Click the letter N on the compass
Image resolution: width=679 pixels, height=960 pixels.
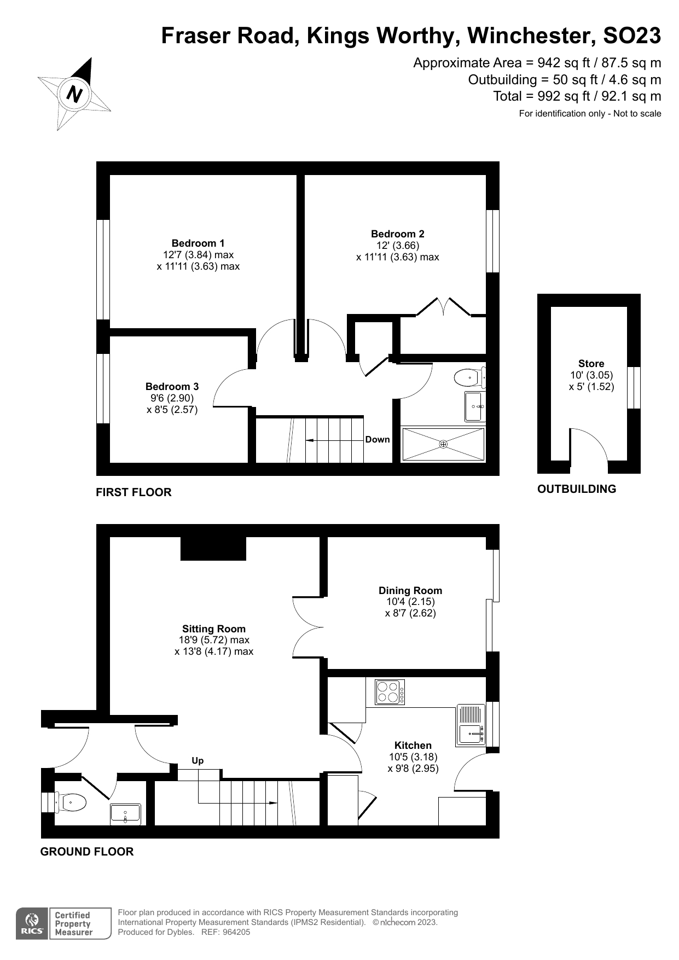point(74,95)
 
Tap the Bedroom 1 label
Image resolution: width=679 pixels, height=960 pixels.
point(198,243)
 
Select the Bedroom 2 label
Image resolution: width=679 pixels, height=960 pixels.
point(397,234)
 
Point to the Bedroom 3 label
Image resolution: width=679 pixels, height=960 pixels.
point(172,387)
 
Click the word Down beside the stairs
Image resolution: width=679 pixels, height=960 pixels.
point(378,439)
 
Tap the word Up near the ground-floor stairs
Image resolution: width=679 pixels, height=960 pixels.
point(198,760)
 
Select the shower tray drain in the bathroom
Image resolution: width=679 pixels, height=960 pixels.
point(443,444)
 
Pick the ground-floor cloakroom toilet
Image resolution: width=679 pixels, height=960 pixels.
point(71,803)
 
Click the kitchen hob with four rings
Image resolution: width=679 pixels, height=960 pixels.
point(390,692)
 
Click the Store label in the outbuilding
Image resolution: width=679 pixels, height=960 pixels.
point(591,364)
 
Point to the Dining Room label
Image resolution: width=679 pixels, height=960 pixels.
point(410,590)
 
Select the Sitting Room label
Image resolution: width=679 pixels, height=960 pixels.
point(213,629)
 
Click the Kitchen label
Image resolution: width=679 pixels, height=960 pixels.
point(413,746)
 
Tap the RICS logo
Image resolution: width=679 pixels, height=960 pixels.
point(32,924)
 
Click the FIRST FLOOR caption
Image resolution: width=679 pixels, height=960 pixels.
point(134,492)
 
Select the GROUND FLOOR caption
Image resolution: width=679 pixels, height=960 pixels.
point(86,852)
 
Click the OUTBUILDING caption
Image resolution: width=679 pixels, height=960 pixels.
point(576,489)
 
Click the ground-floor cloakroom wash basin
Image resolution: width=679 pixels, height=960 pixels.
point(125,814)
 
